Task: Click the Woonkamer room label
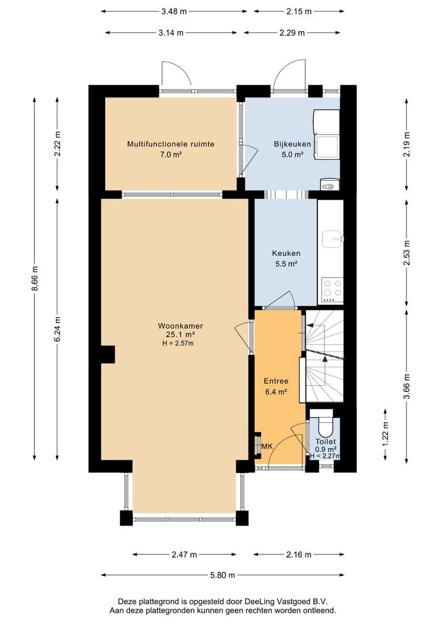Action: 180,326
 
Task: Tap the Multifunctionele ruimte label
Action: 171,144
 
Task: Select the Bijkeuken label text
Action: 292,144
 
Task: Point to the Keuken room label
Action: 286,253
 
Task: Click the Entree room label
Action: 276,381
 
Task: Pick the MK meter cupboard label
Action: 267,446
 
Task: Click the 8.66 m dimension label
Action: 35,277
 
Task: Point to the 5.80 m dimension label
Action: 222,575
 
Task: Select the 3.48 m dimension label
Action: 174,12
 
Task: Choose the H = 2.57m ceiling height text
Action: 178,343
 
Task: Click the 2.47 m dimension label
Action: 184,555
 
